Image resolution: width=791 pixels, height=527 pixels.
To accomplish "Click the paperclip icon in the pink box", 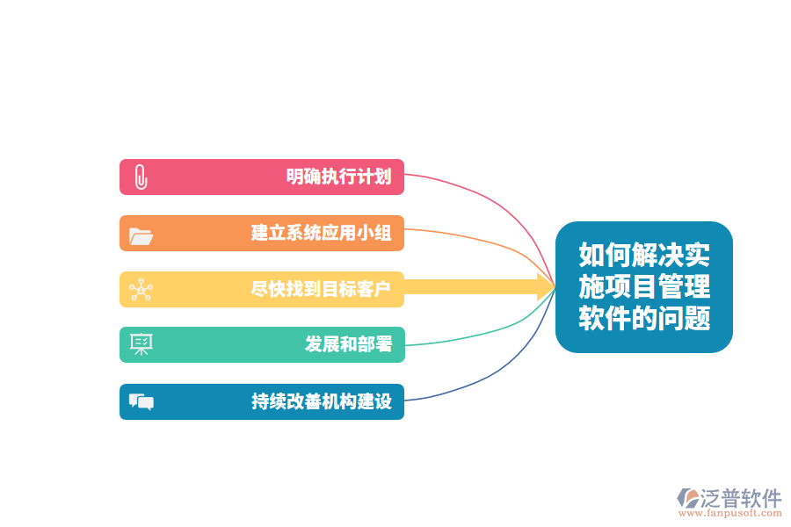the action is pos(142,177).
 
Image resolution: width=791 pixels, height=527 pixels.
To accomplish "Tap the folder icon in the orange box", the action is pos(141,236).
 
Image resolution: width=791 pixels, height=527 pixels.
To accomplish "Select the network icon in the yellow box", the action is pos(141,290).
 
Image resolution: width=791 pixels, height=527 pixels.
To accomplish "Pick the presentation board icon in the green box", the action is pos(142,344).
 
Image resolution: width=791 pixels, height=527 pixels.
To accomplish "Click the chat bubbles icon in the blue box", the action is pos(142,402).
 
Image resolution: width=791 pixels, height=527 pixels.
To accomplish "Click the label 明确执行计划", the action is pos(338,177).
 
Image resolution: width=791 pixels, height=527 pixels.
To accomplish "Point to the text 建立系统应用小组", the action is pos(321,233).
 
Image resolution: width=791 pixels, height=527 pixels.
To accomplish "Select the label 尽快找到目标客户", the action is pos(321,289).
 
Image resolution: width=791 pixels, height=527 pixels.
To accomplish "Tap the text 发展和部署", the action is pos(348,344).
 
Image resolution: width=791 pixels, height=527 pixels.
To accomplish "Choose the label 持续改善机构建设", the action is pos(322,401).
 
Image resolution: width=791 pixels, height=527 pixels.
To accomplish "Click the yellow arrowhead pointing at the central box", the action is pos(547,287).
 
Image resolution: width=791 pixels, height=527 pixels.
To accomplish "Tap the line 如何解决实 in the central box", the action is pos(644,255).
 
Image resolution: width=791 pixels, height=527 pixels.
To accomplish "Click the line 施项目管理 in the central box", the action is pos(644,286).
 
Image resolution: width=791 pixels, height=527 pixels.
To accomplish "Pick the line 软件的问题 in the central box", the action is pos(644,318).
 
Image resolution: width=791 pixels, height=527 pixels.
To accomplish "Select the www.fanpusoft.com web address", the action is pos(730,513).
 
